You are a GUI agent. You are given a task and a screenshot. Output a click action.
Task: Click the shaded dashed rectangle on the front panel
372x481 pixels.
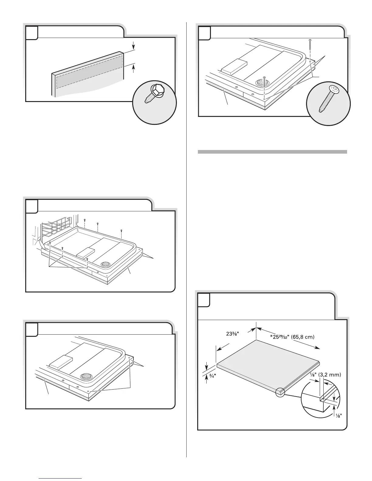click(x=90, y=72)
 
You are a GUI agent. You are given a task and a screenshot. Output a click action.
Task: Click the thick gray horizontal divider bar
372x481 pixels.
click(x=272, y=152)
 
